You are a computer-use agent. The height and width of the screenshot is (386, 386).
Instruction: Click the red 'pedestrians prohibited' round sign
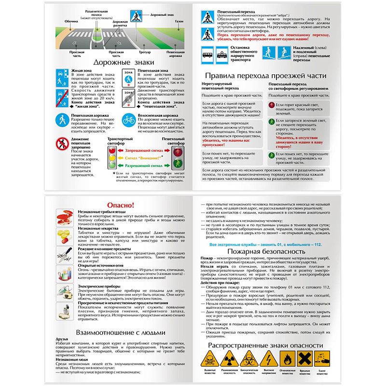62,143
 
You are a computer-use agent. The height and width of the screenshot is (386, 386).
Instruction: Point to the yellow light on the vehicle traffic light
112,157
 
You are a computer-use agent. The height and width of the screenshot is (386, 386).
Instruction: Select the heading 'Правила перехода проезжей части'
266,76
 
